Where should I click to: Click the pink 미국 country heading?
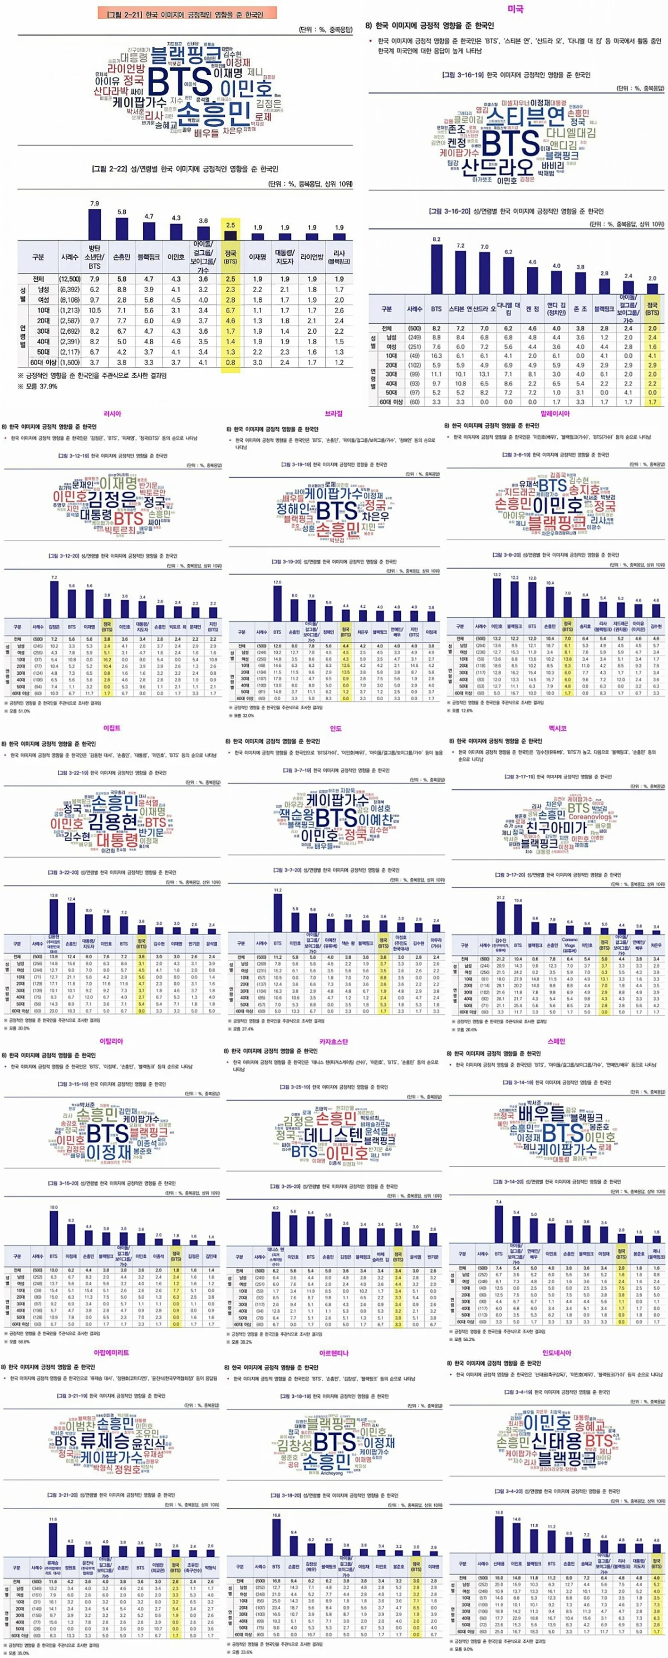[x=515, y=9]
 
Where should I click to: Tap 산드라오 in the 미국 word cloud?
[x=498, y=167]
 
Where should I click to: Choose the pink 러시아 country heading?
[x=112, y=413]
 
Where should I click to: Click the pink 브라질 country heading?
[x=333, y=413]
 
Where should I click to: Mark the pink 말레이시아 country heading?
[x=557, y=413]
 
